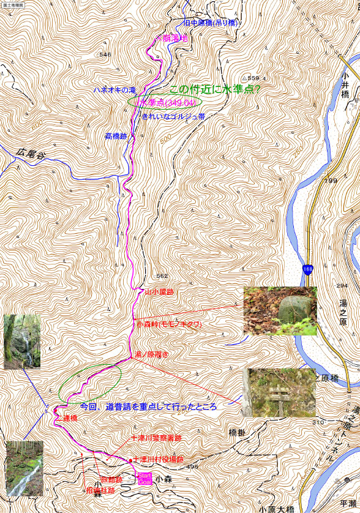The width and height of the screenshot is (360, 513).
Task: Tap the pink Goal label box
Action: pos(144,482)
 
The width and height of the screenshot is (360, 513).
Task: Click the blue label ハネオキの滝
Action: pos(114,89)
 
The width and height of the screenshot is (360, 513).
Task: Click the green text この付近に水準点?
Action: pos(214,89)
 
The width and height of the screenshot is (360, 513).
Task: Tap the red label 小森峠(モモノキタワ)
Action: pos(169,324)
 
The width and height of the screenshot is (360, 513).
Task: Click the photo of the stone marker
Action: pos(280,310)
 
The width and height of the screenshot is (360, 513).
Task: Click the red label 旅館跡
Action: pos(111,479)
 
